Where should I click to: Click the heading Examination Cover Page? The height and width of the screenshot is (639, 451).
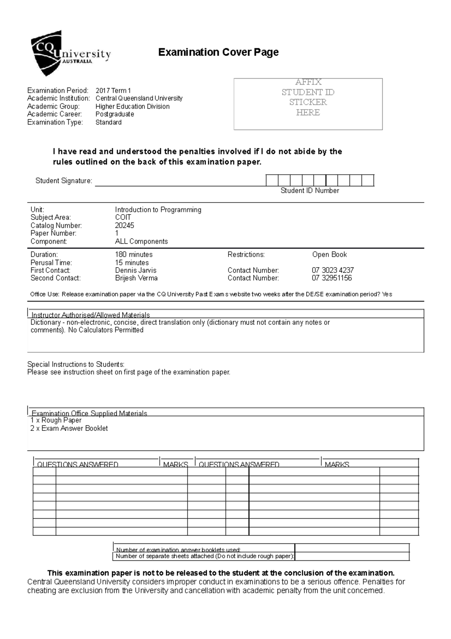(x=218, y=52)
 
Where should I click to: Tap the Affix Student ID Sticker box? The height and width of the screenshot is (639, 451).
(x=308, y=104)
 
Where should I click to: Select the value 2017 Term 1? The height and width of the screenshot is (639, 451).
(x=113, y=90)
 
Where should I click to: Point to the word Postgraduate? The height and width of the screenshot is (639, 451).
(x=115, y=114)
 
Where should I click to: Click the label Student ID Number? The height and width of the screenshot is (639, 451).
(x=309, y=191)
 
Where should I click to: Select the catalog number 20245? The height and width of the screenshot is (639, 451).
(x=124, y=225)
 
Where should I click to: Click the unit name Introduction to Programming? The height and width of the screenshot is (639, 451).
(x=158, y=210)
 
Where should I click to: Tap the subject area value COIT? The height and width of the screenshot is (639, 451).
(x=123, y=218)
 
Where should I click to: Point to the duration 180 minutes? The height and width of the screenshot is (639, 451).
(x=133, y=255)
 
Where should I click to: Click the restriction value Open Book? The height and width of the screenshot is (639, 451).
(x=329, y=255)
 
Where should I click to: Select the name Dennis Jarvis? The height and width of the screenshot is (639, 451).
(x=135, y=271)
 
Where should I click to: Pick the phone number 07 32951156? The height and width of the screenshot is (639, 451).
(x=331, y=278)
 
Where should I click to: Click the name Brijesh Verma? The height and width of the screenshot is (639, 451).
(x=136, y=278)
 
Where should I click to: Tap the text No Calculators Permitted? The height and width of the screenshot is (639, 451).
(x=106, y=330)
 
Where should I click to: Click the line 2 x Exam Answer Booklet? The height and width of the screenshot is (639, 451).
(x=69, y=429)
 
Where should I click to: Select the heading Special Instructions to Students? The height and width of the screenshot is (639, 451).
(x=76, y=364)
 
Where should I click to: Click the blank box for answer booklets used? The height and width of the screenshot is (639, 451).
(x=352, y=548)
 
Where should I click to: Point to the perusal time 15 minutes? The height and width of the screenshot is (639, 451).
(x=132, y=263)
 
